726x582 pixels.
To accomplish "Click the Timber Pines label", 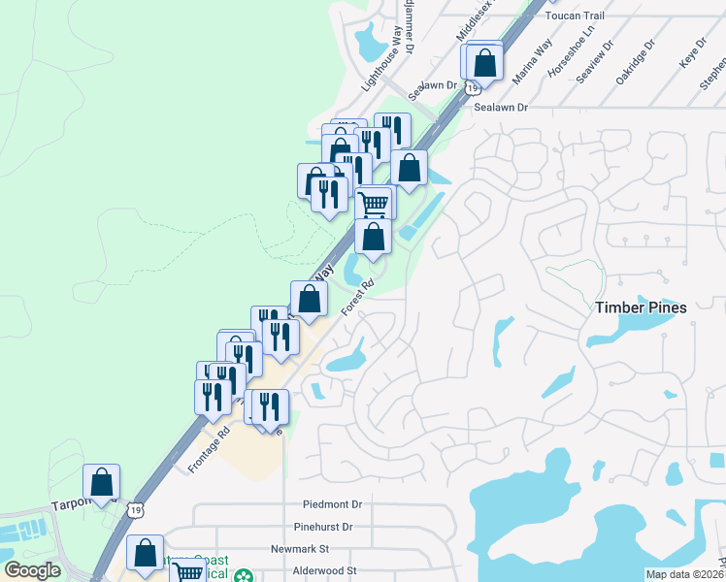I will tap(641, 307).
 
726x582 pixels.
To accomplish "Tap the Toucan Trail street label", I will tap(576, 16).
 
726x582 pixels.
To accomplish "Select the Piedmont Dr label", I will tap(332, 504).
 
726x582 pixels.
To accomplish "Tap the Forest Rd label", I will tap(357, 298).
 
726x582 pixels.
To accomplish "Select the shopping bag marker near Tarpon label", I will tap(102, 481).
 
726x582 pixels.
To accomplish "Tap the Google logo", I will tap(32, 570).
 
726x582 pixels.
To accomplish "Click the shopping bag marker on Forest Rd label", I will tap(309, 298).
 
